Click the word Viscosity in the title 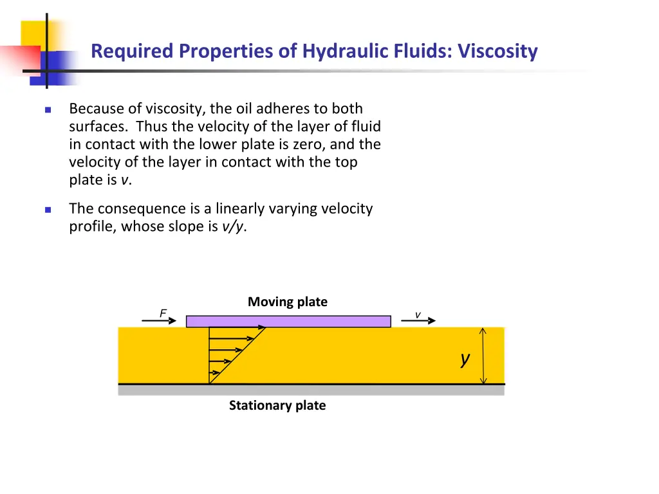click(x=497, y=51)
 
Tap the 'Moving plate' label click(x=288, y=302)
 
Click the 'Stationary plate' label click(x=277, y=405)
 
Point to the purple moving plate click(x=288, y=321)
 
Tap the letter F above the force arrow click(x=163, y=313)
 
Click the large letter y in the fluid click(x=465, y=359)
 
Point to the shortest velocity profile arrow click(x=215, y=373)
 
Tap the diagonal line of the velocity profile click(x=238, y=355)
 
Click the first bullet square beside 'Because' click(x=48, y=109)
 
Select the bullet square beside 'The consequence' click(x=48, y=210)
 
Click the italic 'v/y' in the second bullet click(x=233, y=226)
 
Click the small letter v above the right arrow click(x=418, y=315)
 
